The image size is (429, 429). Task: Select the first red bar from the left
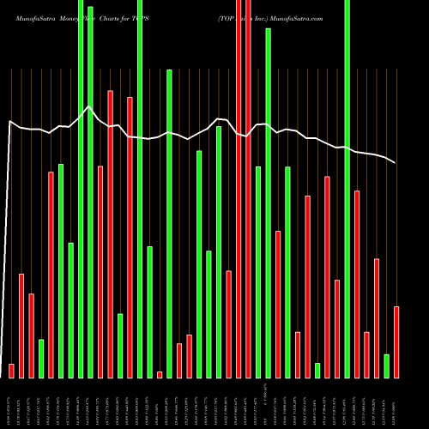(11, 371)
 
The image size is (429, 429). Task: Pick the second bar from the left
(21, 325)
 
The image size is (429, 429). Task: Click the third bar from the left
(31, 335)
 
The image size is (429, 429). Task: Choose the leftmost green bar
(41, 359)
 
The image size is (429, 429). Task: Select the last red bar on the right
(396, 341)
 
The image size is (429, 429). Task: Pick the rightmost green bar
(386, 366)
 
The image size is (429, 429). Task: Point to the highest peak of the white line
(88, 107)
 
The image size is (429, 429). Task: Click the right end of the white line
(396, 162)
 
